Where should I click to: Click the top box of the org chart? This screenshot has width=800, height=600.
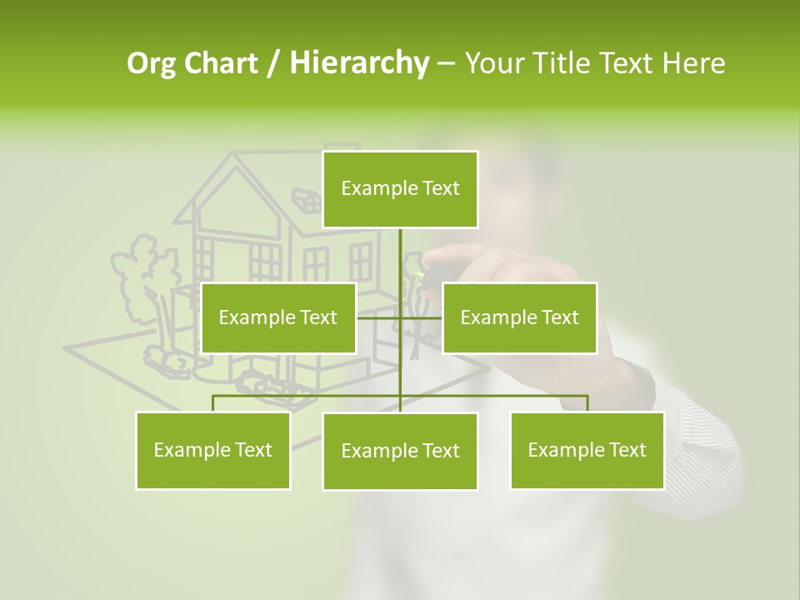click(x=400, y=189)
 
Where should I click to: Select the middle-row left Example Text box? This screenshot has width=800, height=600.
click(x=278, y=317)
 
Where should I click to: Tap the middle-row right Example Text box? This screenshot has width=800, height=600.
click(x=519, y=317)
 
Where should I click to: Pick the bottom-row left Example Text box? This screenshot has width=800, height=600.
click(x=212, y=450)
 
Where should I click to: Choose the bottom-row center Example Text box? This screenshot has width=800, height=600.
click(x=400, y=451)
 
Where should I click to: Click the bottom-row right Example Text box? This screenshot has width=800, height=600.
click(x=587, y=450)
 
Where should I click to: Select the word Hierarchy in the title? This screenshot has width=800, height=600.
click(x=359, y=63)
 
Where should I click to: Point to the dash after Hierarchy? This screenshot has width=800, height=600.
click(x=446, y=63)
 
